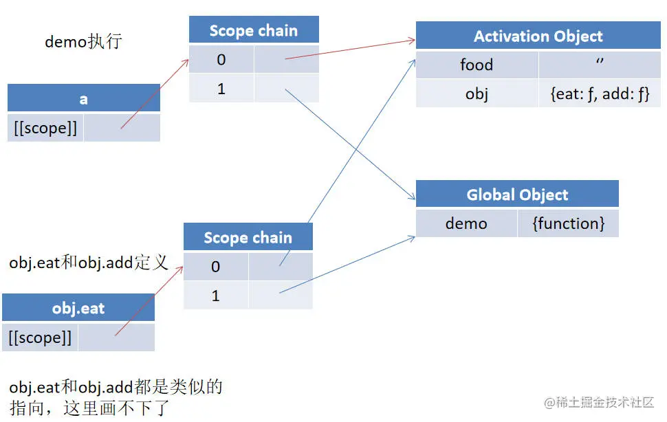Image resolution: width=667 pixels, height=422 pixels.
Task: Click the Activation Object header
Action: [x=538, y=36]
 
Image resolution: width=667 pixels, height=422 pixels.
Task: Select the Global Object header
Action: [x=517, y=195]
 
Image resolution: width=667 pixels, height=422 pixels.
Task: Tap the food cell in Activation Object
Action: [x=477, y=65]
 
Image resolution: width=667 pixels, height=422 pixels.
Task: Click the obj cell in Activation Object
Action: [x=477, y=93]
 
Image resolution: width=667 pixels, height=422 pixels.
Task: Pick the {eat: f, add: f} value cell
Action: [x=600, y=93]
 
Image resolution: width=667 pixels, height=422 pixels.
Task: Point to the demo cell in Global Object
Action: [x=466, y=223]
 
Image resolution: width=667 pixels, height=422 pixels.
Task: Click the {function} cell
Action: [x=568, y=223]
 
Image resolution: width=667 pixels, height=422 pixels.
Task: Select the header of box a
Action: [x=83, y=99]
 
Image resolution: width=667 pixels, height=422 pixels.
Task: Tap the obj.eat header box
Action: [x=78, y=309]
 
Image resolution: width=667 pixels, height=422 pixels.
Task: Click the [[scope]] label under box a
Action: [x=45, y=129]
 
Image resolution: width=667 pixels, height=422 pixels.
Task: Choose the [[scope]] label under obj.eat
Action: [x=40, y=337]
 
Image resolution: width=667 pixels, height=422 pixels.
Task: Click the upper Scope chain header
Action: [x=253, y=31]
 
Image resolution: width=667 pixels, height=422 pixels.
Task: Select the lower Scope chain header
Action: [x=248, y=238]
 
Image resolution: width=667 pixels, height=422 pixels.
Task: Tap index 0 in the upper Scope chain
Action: [x=221, y=60]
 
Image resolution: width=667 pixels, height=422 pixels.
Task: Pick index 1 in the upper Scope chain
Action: [x=221, y=89]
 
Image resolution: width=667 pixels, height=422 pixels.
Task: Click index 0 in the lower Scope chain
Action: [x=215, y=267]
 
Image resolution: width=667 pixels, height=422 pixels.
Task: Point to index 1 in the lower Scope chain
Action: [x=215, y=296]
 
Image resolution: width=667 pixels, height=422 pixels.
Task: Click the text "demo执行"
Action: [x=83, y=41]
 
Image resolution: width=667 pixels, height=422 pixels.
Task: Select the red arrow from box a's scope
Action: [x=155, y=93]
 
